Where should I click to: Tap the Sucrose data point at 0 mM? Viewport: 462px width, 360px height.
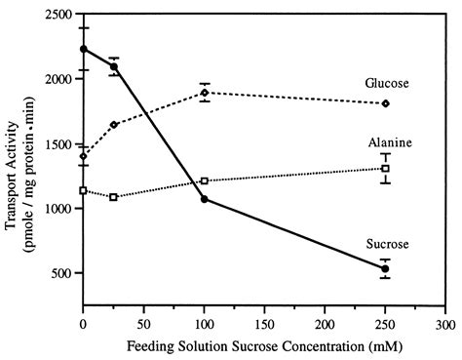point(84,49)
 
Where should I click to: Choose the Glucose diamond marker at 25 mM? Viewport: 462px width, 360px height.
point(114,125)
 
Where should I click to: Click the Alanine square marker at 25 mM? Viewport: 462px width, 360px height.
point(114,197)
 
